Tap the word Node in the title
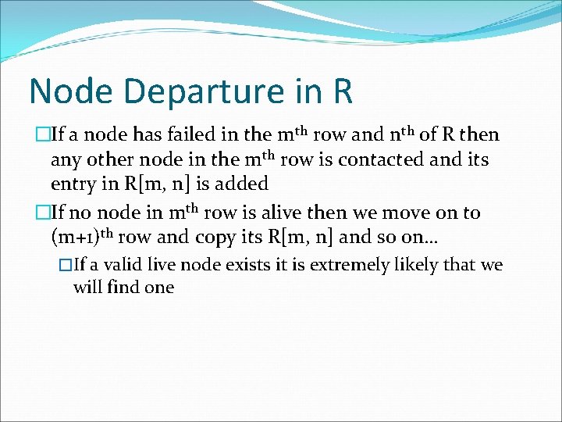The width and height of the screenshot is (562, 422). (x=65, y=91)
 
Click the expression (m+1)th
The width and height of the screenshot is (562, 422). (x=81, y=237)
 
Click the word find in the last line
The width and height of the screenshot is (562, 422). (x=122, y=287)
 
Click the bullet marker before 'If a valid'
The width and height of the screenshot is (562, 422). (x=64, y=266)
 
